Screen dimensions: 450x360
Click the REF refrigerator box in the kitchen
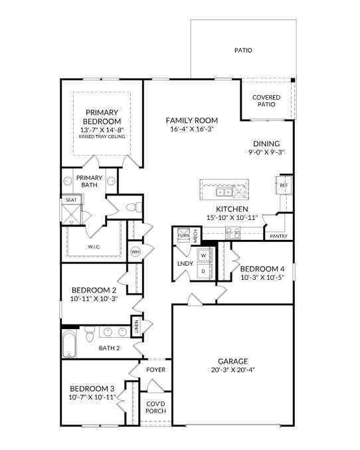283,185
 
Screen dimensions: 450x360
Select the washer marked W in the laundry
203,255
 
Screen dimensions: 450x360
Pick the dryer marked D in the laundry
203,271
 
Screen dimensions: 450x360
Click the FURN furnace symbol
183,235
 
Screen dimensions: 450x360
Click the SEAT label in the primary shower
70,199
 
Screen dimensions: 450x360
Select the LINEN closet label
137,326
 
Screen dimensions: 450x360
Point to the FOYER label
155,370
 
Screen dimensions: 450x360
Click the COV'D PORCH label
155,407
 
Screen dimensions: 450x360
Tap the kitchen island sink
224,193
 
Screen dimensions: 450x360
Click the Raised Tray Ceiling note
102,137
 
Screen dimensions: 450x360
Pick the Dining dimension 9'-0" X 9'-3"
266,152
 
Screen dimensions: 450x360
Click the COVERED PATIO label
266,101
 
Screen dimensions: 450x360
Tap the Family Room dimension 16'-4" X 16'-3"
191,130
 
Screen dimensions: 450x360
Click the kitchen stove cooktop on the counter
232,233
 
